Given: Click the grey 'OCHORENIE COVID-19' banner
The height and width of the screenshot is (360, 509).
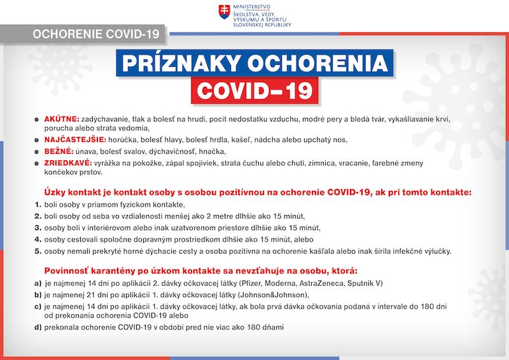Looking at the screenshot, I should pos(83,32).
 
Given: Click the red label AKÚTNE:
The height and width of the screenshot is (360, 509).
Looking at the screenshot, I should pos(61,118).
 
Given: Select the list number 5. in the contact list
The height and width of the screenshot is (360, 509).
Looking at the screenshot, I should pos(38,251).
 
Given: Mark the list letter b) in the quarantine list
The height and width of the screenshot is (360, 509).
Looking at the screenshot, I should pos(38,294).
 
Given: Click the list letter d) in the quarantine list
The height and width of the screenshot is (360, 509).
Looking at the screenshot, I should pos(38,327).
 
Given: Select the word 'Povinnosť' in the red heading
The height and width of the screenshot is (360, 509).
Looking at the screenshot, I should pos(69,270).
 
